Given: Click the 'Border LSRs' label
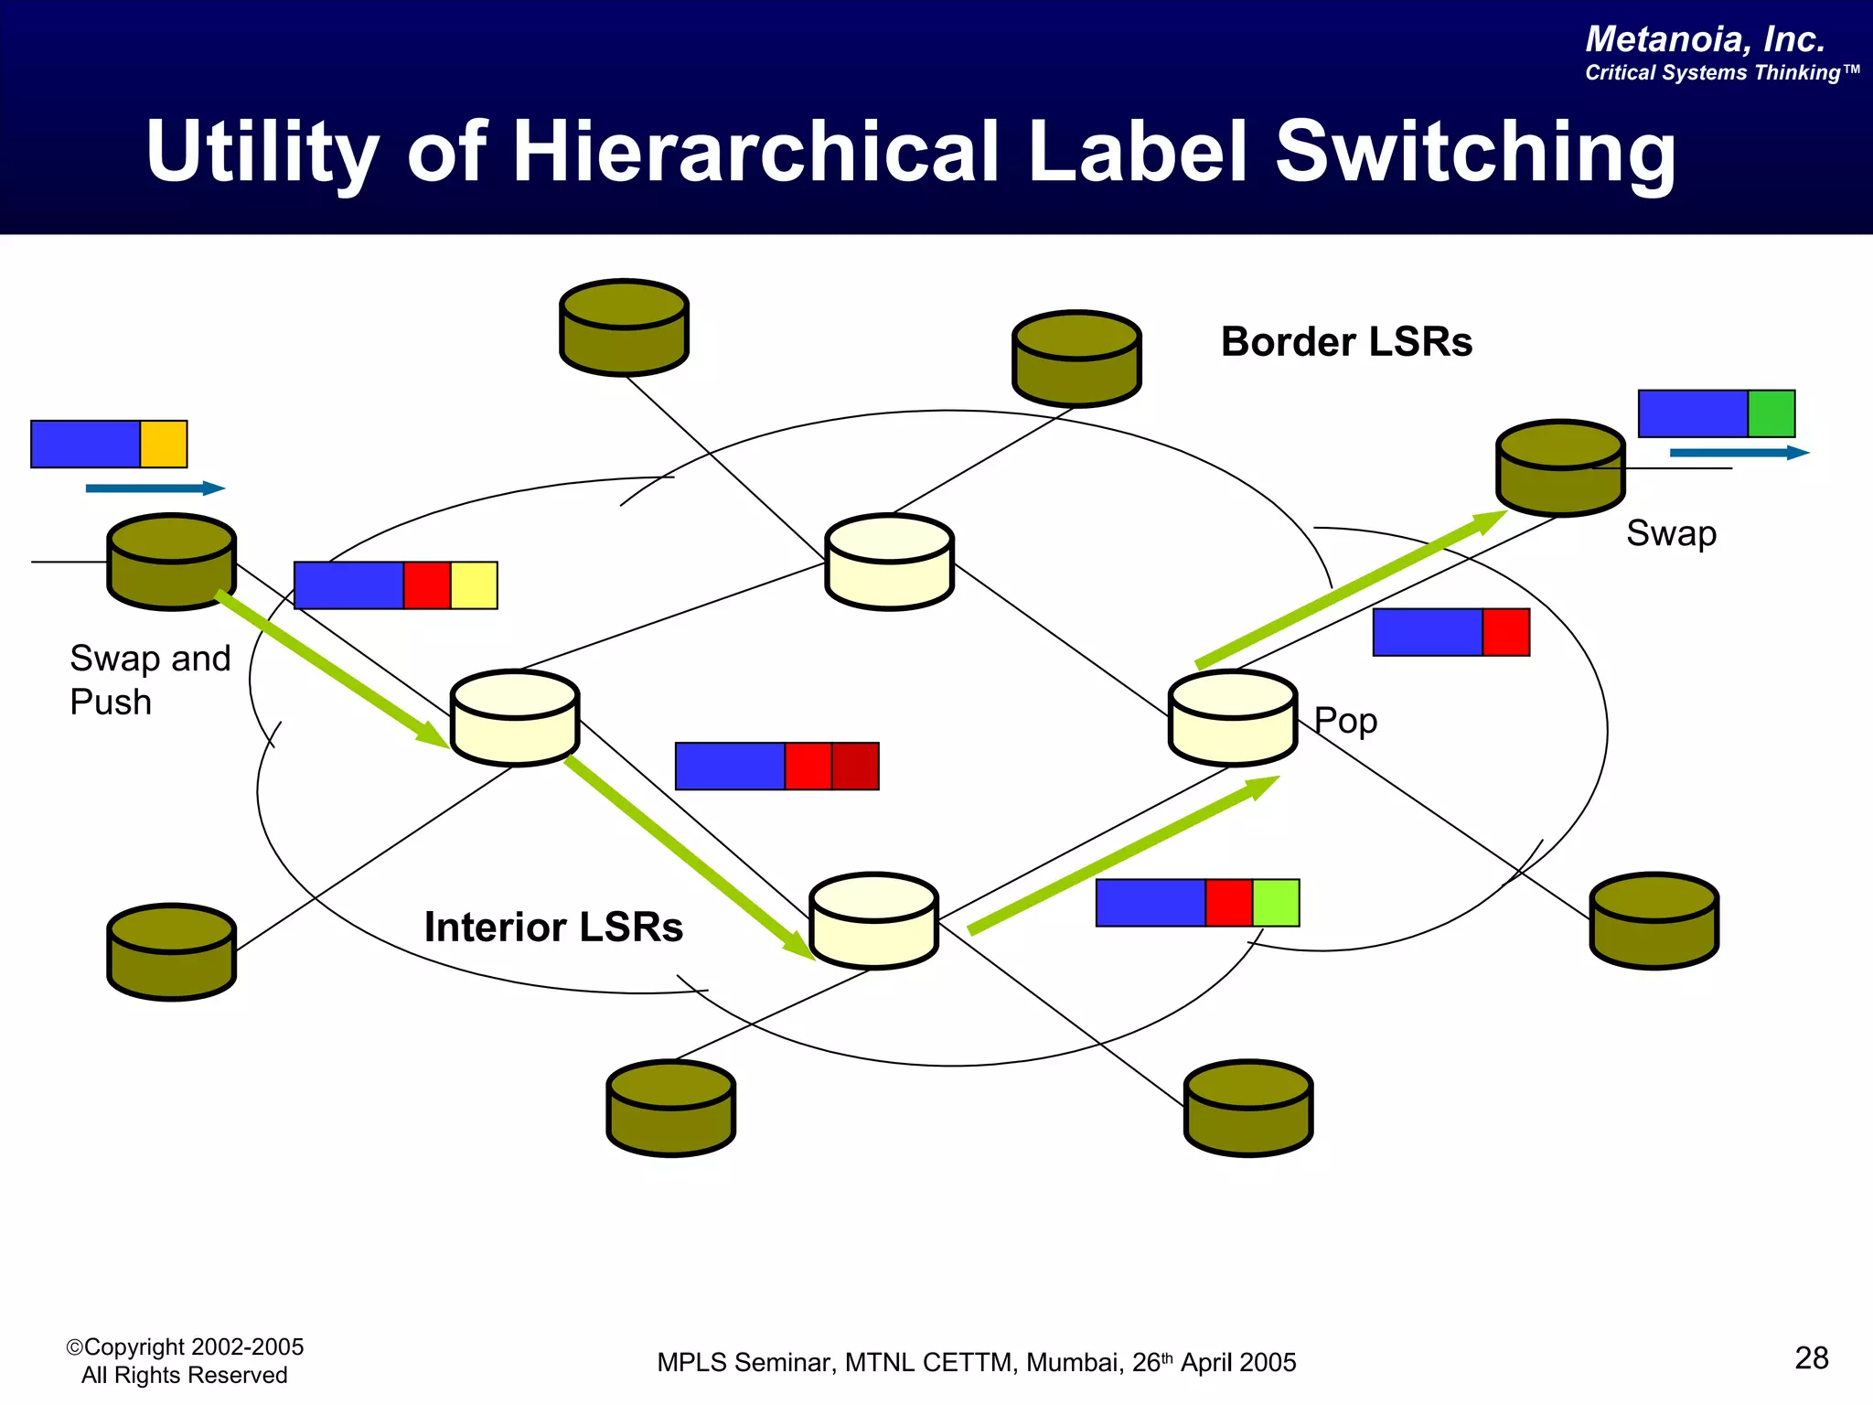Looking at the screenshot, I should pyautogui.click(x=1345, y=342).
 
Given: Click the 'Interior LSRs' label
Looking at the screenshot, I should pyautogui.click(x=553, y=927).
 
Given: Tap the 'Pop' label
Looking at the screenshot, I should pyautogui.click(x=1345, y=722).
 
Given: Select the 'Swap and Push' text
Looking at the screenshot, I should pyautogui.click(x=149, y=680).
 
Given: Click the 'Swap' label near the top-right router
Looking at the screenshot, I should pyautogui.click(x=1671, y=533).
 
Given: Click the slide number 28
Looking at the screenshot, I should pyautogui.click(x=1811, y=1357).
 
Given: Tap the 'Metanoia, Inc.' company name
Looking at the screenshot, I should pyautogui.click(x=1705, y=39).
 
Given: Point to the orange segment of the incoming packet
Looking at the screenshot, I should pyautogui.click(x=164, y=445).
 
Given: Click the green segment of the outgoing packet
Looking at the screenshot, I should pyautogui.click(x=1771, y=413).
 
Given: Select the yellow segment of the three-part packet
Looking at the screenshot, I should pyautogui.click(x=474, y=585).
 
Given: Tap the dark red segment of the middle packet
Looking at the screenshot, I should pyautogui.click(x=855, y=767).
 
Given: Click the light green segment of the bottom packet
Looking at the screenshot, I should pyautogui.click(x=1276, y=903).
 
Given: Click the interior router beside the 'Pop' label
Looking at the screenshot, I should pyautogui.click(x=1233, y=719).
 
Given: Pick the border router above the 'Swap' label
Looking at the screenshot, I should pyautogui.click(x=1560, y=468).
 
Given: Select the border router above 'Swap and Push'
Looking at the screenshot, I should pyautogui.click(x=171, y=562).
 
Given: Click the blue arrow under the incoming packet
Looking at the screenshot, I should pyautogui.click(x=155, y=488).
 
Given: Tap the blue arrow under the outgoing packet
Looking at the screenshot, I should pyautogui.click(x=1738, y=453).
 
